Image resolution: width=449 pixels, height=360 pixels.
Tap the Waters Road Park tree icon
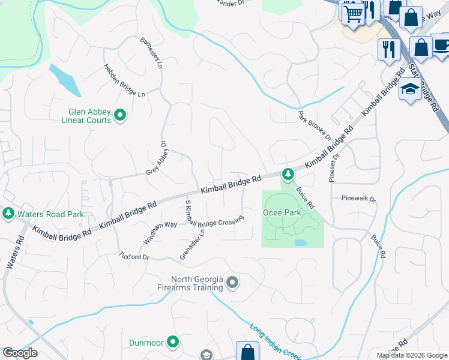click(x=8, y=213)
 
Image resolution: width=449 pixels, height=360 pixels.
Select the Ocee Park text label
click(x=281, y=212)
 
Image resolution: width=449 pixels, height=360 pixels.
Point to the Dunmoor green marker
click(x=173, y=342)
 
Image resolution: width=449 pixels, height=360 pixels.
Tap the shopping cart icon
click(x=353, y=12)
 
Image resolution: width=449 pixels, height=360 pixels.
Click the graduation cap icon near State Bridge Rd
click(x=410, y=89)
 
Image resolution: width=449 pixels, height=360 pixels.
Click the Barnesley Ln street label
click(x=151, y=55)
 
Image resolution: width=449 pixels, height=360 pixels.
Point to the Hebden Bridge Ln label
click(x=124, y=81)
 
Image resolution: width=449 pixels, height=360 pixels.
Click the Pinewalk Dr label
click(x=358, y=198)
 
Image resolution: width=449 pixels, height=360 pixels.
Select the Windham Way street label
click(x=160, y=233)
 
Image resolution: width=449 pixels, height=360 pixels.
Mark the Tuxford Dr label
click(x=134, y=256)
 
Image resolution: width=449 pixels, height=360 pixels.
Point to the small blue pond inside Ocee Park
click(x=300, y=243)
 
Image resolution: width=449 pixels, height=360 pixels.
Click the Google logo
click(x=20, y=353)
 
